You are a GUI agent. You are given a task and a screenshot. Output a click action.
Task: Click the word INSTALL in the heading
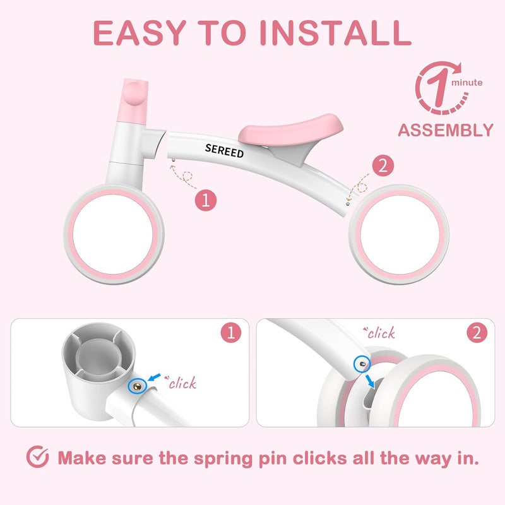pos(335,33)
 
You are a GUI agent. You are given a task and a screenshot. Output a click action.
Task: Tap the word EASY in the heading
pos(140,33)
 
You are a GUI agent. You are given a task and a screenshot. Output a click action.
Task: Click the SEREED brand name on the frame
pos(224,151)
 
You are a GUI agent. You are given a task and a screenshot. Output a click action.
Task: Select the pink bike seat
pos(290,129)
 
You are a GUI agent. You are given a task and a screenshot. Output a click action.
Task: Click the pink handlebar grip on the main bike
pos(135,101)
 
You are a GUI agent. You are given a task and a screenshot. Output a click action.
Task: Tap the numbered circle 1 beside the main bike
pos(206,200)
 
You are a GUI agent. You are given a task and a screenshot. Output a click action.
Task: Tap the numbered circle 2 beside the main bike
pos(383,165)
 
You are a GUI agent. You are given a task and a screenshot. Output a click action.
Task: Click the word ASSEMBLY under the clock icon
pos(446,130)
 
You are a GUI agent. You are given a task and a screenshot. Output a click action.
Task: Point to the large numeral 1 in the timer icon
pos(439,87)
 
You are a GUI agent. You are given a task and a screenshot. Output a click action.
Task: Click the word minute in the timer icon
pos(467,83)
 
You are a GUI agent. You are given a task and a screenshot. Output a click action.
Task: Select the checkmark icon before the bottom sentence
pos(38,456)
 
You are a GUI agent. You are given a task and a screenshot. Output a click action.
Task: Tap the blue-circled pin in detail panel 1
pos(138,386)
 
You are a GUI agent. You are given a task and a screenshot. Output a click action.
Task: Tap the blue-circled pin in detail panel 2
pos(362,364)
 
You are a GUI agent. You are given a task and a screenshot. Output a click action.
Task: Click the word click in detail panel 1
pos(181,383)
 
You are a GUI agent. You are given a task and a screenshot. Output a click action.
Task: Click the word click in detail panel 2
pos(379,333)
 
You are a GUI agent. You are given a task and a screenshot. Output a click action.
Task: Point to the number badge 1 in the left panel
pos(231,333)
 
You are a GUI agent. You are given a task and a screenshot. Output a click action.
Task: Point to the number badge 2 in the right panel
pos(477,333)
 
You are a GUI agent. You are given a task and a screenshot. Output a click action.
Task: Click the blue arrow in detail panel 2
pos(370,381)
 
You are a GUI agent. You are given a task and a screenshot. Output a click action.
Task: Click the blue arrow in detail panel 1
pos(155,377)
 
